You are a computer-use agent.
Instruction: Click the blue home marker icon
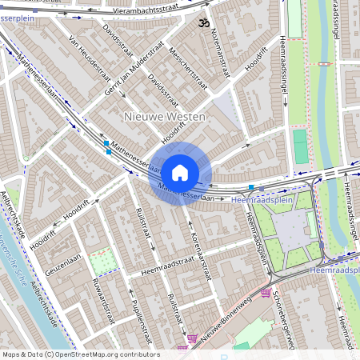pos(180,171)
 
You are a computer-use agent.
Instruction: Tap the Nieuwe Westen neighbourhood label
pos(166,117)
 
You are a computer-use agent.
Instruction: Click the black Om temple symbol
pos(201,22)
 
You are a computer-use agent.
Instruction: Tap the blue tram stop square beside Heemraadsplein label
pos(251,187)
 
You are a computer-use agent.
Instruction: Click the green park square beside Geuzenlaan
pos(101,261)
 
